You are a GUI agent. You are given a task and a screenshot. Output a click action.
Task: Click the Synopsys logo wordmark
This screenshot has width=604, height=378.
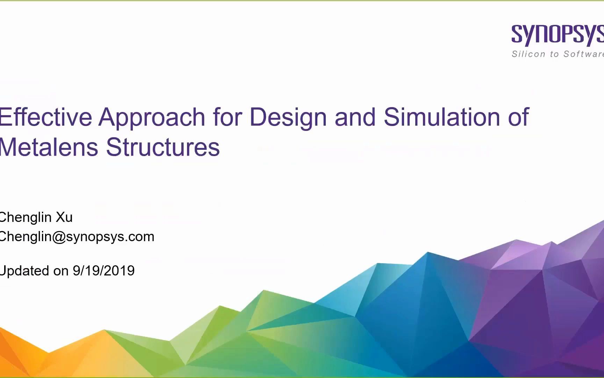558,35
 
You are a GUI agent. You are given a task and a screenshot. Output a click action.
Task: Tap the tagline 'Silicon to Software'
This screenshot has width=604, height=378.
558,54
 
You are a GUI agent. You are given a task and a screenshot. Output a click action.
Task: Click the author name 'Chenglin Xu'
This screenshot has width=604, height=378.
36,217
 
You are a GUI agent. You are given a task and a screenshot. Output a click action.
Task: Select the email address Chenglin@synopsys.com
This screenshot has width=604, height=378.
77,237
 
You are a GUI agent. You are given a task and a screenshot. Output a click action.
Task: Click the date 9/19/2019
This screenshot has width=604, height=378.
104,271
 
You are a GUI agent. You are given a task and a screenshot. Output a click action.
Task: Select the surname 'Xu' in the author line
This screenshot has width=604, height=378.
64,217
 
